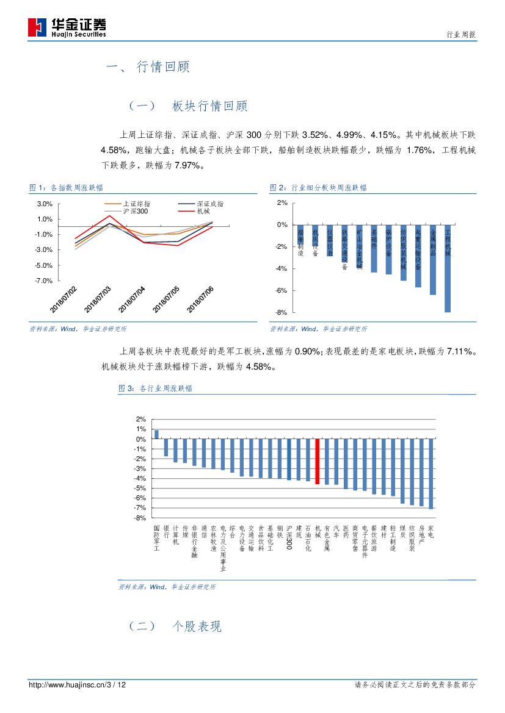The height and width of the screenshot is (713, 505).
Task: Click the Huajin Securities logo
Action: coord(67,27)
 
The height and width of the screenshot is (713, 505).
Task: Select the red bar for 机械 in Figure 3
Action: coord(318,462)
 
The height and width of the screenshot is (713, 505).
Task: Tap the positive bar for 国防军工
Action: coord(156,434)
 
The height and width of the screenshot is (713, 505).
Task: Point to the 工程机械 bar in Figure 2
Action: coord(448,268)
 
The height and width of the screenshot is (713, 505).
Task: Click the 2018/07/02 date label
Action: coord(64,298)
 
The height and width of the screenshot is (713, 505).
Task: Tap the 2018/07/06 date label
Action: coord(201,298)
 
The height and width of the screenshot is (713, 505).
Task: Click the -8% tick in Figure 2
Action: coord(282,312)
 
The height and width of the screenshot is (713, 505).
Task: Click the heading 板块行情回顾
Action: coord(209,106)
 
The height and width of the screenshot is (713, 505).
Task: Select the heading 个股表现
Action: coord(197,626)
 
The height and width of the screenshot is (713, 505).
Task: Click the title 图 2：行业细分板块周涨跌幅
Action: coord(318,188)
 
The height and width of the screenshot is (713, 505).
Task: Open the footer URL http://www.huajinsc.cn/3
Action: coord(73,685)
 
